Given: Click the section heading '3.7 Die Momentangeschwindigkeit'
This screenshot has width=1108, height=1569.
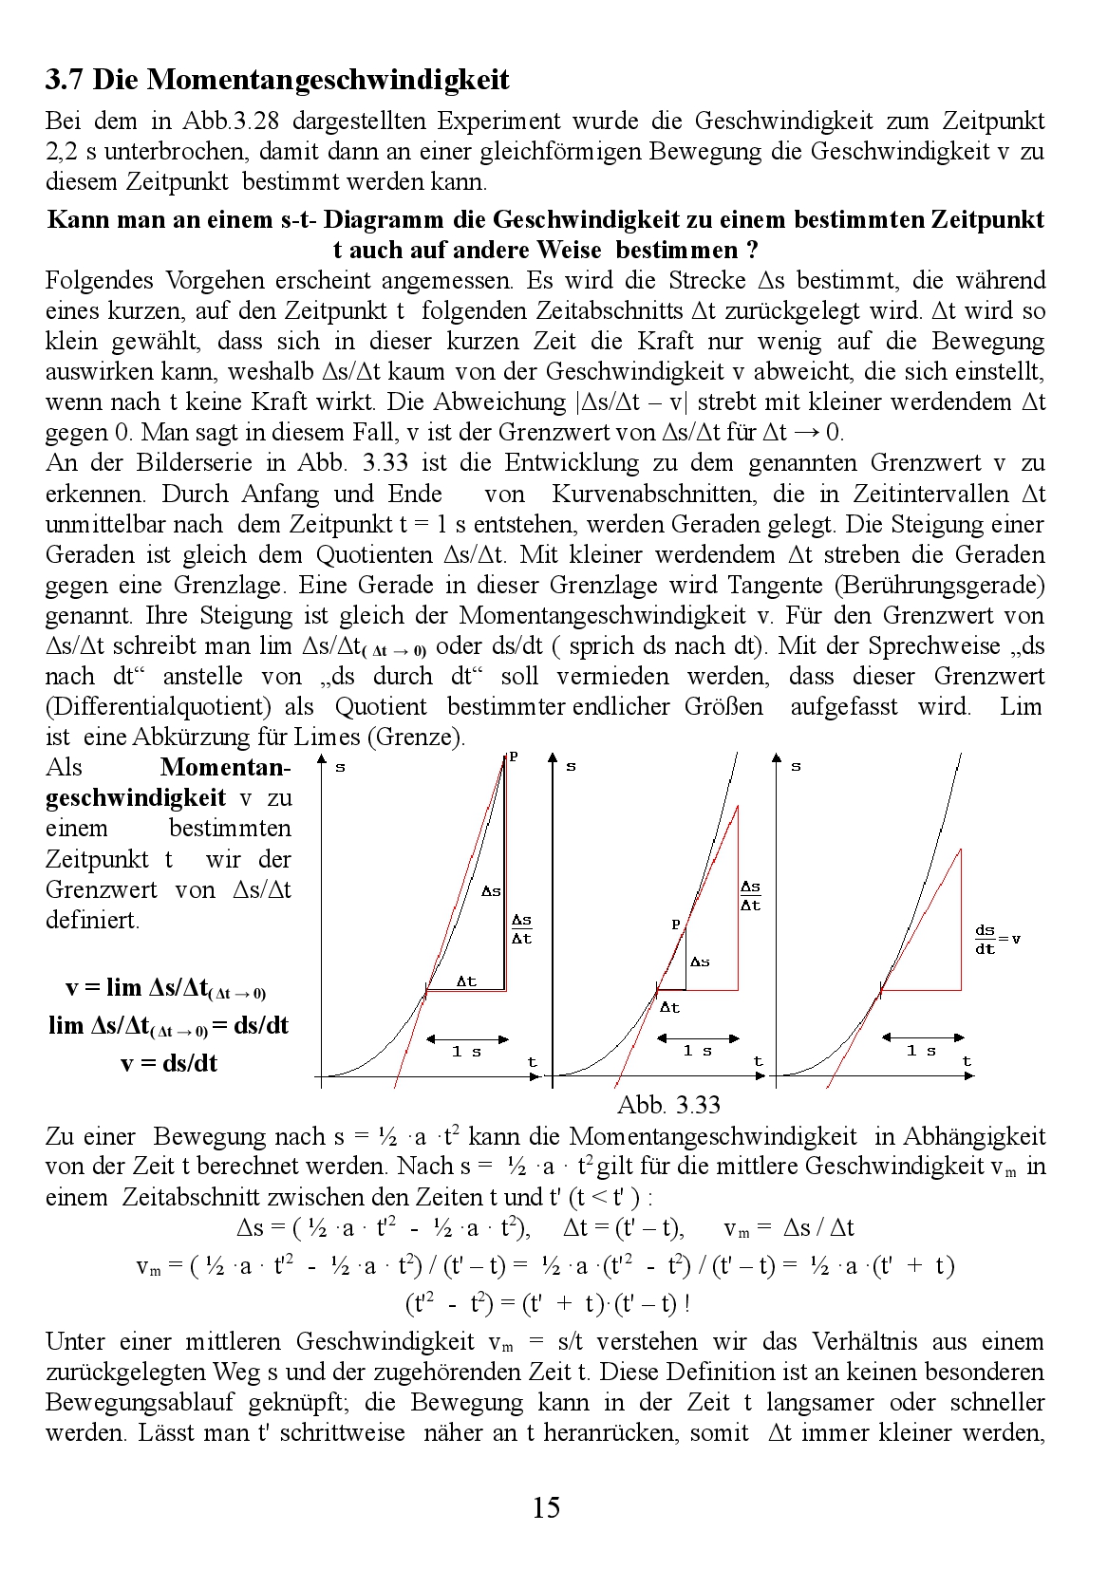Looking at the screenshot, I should [x=277, y=80].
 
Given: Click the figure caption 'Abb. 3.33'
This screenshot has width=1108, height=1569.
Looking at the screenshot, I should [x=668, y=1104].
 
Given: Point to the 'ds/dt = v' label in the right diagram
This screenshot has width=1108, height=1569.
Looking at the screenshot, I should [x=997, y=940].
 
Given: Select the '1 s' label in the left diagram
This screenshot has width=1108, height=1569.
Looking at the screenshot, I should [x=466, y=1052].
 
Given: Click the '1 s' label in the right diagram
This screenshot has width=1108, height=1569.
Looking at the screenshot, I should [x=921, y=1051].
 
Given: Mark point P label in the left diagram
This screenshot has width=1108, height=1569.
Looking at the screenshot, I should [x=514, y=756].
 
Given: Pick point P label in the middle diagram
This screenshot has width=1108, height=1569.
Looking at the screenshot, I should [x=676, y=924].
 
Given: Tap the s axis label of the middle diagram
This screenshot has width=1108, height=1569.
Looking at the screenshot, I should [x=571, y=766].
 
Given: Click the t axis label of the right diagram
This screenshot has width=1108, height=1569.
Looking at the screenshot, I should [x=967, y=1061].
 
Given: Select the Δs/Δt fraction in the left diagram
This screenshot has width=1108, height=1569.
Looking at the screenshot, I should [x=521, y=929].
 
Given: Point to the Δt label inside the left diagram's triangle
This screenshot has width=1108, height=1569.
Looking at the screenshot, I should [x=466, y=981].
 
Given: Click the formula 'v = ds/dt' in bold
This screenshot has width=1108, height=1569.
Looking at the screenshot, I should [x=169, y=1063].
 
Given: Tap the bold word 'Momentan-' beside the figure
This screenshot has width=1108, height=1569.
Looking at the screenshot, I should [x=225, y=767].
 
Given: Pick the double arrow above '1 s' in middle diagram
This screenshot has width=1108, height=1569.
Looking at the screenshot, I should [x=697, y=1038].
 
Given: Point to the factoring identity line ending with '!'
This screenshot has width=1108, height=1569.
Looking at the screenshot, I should [x=548, y=1303].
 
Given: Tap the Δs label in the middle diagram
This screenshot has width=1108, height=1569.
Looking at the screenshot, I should [x=700, y=962].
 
